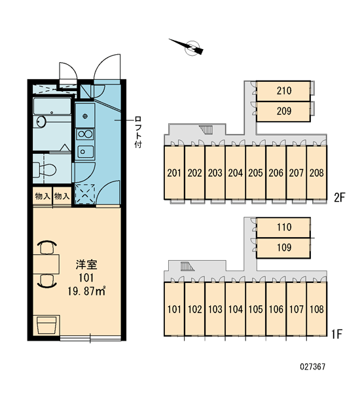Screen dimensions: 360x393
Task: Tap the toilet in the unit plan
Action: [45, 169]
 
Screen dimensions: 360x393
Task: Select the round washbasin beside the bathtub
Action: [41, 122]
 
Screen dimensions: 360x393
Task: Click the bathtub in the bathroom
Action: [52, 106]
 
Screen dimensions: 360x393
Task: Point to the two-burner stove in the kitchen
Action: [85, 134]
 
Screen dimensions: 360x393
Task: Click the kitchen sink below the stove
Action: [85, 152]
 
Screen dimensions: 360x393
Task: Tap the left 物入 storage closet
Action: [43, 196]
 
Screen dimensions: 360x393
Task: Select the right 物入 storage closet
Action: [62, 196]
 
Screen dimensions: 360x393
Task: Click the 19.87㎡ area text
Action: [86, 291]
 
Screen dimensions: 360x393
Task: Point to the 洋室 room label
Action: [86, 265]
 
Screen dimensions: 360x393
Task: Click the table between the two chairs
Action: [46, 264]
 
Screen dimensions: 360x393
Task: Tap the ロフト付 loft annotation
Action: [138, 132]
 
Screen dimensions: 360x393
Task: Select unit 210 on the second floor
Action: [283, 91]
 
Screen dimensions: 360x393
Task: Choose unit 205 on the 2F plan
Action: [255, 173]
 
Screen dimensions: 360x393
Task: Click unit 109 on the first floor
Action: [283, 248]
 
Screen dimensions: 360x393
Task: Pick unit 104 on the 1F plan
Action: [235, 309]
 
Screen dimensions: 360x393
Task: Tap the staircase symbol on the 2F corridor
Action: [206, 130]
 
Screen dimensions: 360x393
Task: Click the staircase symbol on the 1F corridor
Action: [187, 266]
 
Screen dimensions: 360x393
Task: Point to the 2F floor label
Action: [340, 198]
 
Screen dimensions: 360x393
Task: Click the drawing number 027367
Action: [312, 367]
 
